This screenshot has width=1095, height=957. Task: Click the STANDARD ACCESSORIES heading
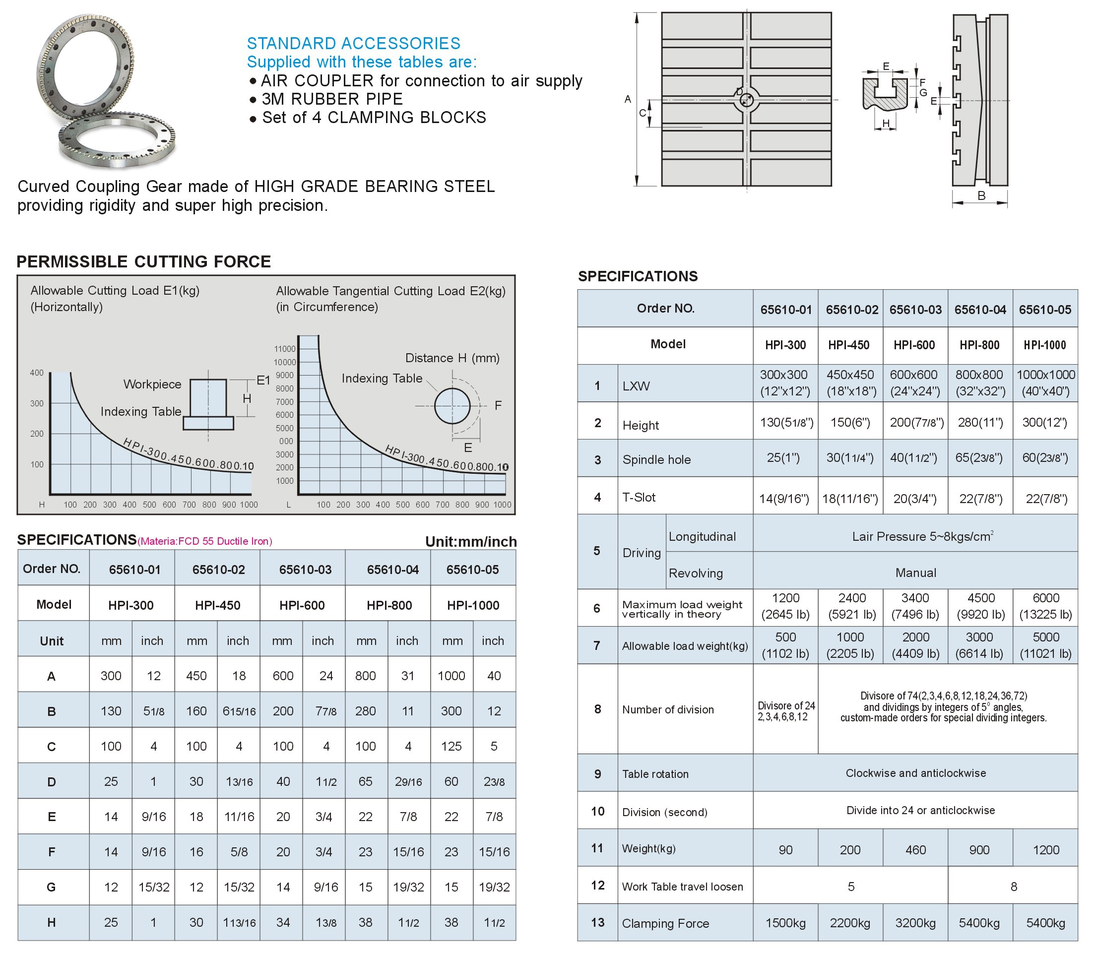(x=353, y=43)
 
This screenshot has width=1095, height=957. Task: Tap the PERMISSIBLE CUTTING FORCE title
(x=144, y=261)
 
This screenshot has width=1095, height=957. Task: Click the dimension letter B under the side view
(x=981, y=196)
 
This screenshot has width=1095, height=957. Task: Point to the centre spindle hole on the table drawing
(x=746, y=100)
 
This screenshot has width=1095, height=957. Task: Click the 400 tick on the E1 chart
(x=36, y=373)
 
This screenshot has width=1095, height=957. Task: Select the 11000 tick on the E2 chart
(x=285, y=349)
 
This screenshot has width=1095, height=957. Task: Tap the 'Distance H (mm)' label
(x=452, y=358)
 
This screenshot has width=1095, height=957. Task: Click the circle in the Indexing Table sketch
(x=452, y=406)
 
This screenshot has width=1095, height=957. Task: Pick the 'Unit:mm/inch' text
(x=470, y=542)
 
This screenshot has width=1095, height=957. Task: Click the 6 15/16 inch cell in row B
(x=239, y=711)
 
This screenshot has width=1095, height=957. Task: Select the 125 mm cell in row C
(x=451, y=746)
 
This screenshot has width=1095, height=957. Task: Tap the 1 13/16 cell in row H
(x=239, y=922)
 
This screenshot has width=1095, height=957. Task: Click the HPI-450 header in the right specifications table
(x=849, y=345)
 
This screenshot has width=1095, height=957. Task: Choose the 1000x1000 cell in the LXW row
(x=1045, y=383)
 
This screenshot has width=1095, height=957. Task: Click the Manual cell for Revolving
(x=915, y=573)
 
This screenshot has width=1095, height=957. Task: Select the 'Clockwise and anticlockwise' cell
(x=915, y=773)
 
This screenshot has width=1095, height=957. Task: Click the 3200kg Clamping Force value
(x=915, y=923)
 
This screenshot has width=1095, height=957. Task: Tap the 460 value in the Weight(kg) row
(x=915, y=850)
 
